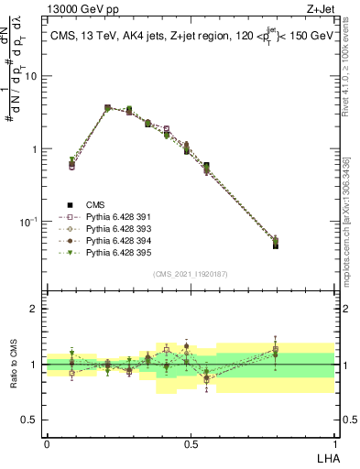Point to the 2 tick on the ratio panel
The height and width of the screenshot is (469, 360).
35,309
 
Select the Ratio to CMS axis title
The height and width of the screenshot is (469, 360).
14,365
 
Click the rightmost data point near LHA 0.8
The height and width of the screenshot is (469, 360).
276,243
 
